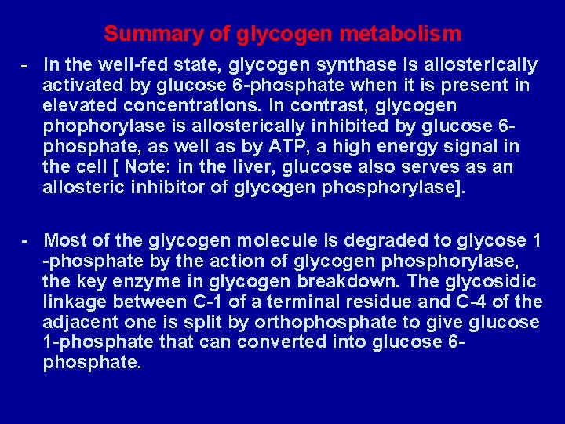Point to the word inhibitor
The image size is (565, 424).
tap(164, 187)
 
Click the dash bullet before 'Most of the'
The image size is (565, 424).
tap(26, 239)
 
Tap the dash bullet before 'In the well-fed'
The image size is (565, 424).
tap(26, 64)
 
